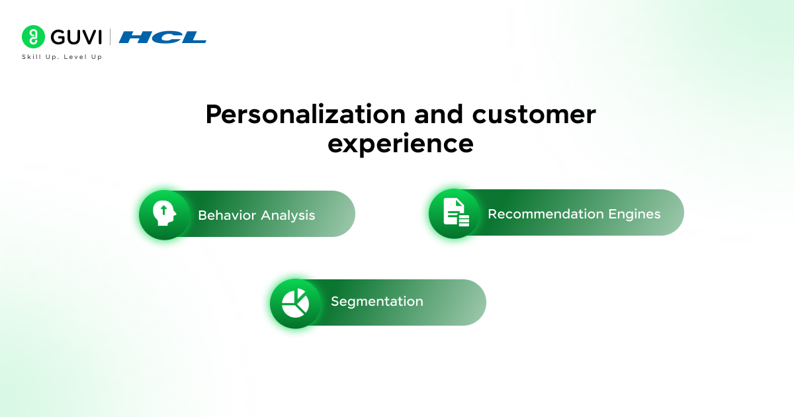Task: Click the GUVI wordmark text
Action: click(x=75, y=37)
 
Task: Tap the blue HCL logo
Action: click(x=163, y=37)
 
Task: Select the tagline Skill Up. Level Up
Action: click(x=62, y=57)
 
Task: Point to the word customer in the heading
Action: click(x=533, y=115)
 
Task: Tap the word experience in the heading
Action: click(x=400, y=143)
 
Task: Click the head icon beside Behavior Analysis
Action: click(x=163, y=214)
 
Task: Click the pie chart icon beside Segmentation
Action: click(x=295, y=303)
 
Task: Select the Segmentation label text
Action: click(x=376, y=301)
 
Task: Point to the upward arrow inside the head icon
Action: click(x=163, y=211)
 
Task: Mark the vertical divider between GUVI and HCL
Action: click(x=110, y=37)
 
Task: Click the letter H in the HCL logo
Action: click(x=134, y=37)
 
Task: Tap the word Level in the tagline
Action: click(x=77, y=57)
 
